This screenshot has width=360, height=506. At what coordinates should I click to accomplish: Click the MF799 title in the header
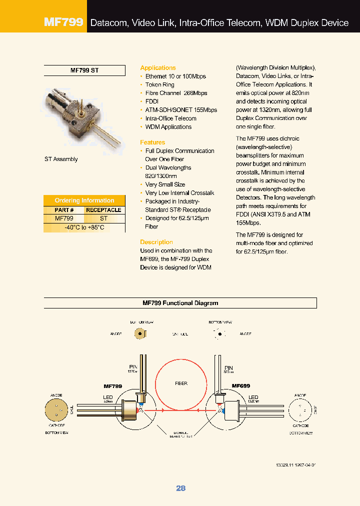pyautogui.click(x=63, y=22)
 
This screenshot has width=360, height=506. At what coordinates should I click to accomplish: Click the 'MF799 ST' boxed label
pyautogui.click(x=84, y=70)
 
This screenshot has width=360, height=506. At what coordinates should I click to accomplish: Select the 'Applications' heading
pyautogui.click(x=158, y=68)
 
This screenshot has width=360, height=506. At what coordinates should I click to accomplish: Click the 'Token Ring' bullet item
pyautogui.click(x=159, y=85)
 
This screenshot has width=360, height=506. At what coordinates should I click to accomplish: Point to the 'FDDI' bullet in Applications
pyautogui.click(x=151, y=101)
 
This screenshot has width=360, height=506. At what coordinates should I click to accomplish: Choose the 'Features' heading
pyautogui.click(x=152, y=142)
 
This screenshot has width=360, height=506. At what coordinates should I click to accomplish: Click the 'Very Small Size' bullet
pyautogui.click(x=165, y=184)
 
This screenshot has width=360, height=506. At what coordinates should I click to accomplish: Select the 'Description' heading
pyautogui.click(x=156, y=242)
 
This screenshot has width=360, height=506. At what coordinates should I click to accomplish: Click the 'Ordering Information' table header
pyautogui.click(x=84, y=200)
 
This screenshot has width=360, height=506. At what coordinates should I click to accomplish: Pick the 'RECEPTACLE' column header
pyautogui.click(x=103, y=210)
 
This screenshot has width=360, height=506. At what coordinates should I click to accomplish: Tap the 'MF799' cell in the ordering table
pyautogui.click(x=64, y=218)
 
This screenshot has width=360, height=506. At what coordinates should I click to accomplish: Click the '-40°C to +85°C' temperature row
pyautogui.click(x=84, y=227)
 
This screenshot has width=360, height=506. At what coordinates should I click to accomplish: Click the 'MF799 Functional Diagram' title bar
pyautogui.click(x=180, y=303)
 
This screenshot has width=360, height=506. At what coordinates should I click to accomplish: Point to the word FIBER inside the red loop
pyautogui.click(x=181, y=383)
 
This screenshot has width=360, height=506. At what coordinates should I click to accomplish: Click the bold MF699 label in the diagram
pyautogui.click(x=241, y=386)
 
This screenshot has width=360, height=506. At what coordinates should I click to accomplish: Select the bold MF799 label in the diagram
pyautogui.click(x=113, y=386)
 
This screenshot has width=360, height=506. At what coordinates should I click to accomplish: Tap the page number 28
pyautogui.click(x=180, y=488)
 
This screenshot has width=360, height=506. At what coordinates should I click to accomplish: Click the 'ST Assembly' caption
pyautogui.click(x=61, y=159)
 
